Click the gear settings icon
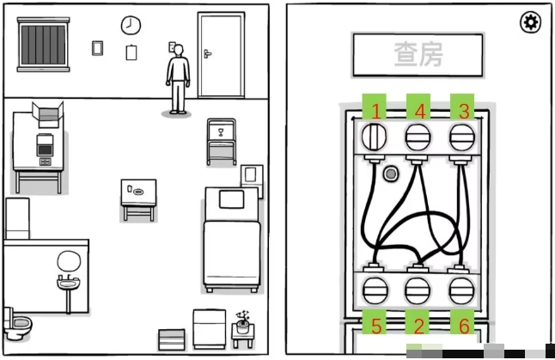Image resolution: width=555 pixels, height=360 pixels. (531, 22)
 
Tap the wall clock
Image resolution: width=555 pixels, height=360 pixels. (131, 24)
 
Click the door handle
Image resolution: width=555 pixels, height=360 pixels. (207, 54)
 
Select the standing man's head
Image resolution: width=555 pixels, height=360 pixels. (178, 52)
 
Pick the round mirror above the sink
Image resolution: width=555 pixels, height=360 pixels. (68, 260)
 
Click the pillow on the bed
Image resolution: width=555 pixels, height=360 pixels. (231, 199)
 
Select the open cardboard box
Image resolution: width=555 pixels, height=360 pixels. (46, 113)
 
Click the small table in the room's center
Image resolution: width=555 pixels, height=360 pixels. (137, 194)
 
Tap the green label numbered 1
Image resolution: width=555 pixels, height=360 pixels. (375, 110)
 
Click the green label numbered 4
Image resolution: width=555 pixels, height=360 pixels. (418, 110)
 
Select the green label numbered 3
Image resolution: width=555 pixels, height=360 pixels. (464, 110)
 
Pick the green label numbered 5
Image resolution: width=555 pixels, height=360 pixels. (375, 325)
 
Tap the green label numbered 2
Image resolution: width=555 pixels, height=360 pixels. (418, 325)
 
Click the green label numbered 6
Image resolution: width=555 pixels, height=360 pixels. (464, 325)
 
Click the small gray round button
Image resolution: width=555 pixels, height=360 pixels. (391, 174)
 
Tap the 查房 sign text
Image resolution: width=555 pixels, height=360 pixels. (418, 56)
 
